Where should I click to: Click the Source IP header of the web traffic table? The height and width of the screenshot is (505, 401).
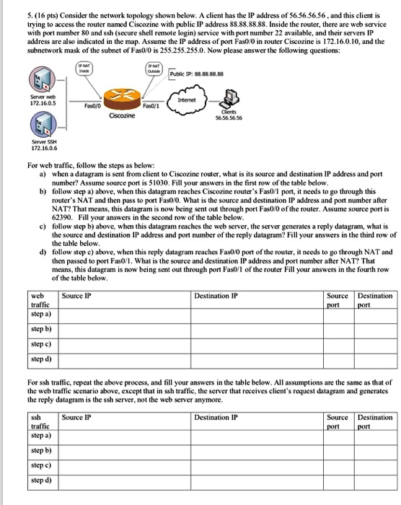[76, 297]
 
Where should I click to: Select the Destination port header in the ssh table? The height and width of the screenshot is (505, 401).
[375, 422]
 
